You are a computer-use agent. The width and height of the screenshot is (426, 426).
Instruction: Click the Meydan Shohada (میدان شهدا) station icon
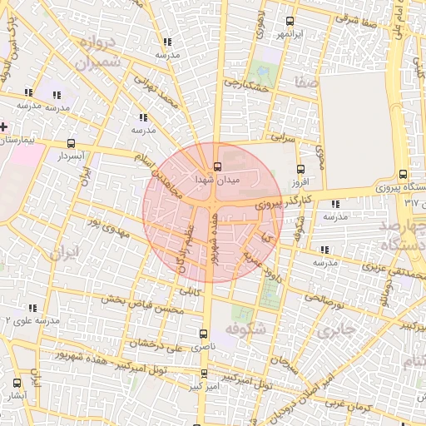pyautogui.click(x=217, y=166)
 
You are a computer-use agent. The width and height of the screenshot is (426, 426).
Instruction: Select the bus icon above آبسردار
pyautogui.click(x=72, y=142)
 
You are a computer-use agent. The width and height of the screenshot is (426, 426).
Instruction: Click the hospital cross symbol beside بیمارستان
pyautogui.click(x=4, y=127)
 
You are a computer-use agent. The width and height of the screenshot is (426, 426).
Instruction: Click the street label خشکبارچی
pyautogui.click(x=253, y=86)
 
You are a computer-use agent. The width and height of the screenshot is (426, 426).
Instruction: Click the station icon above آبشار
pyautogui.click(x=17, y=383)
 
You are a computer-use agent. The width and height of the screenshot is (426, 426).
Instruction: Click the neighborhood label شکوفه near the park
pyautogui.click(x=247, y=329)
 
